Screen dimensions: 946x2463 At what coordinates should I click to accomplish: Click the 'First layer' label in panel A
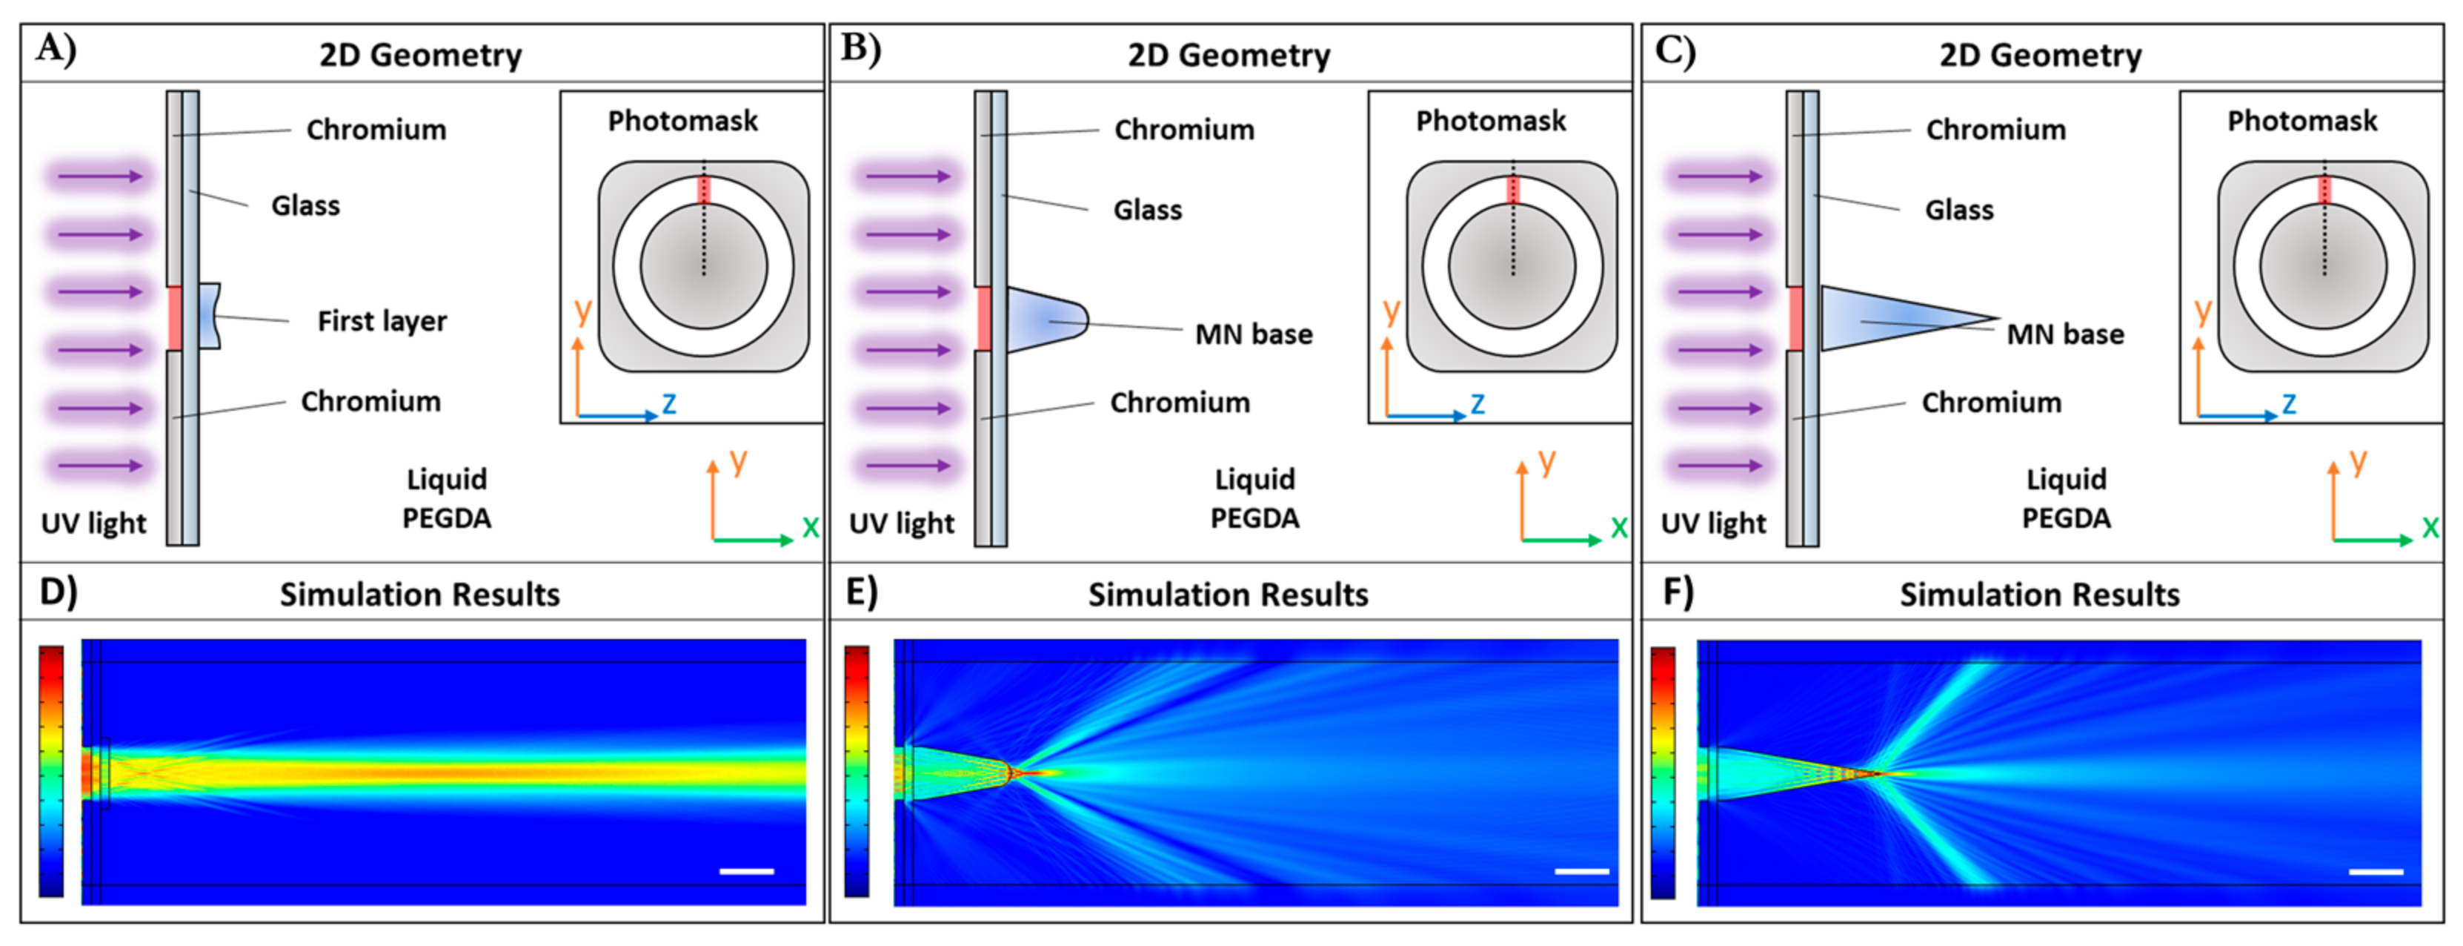(x=382, y=322)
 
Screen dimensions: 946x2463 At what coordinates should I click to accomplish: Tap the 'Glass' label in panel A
(x=305, y=205)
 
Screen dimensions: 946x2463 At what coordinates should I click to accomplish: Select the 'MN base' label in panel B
(x=1254, y=334)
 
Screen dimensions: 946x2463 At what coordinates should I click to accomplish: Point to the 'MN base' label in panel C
(x=2065, y=334)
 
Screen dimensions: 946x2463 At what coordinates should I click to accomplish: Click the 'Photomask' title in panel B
(x=1491, y=122)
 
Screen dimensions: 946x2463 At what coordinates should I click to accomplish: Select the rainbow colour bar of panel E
(x=857, y=771)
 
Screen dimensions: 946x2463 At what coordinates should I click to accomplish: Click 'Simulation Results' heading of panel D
(x=419, y=595)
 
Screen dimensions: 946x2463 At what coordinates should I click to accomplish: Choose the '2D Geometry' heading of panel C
(x=2041, y=56)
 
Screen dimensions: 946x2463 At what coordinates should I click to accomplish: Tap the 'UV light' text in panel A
(x=93, y=523)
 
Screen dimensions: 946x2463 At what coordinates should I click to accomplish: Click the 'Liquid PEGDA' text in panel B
(x=1254, y=498)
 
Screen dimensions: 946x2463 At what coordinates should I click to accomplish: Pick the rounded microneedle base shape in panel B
(x=1044, y=319)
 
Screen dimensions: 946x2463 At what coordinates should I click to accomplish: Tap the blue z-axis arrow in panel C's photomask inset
(x=2237, y=416)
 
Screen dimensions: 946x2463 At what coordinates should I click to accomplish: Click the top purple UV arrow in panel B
(x=906, y=176)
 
